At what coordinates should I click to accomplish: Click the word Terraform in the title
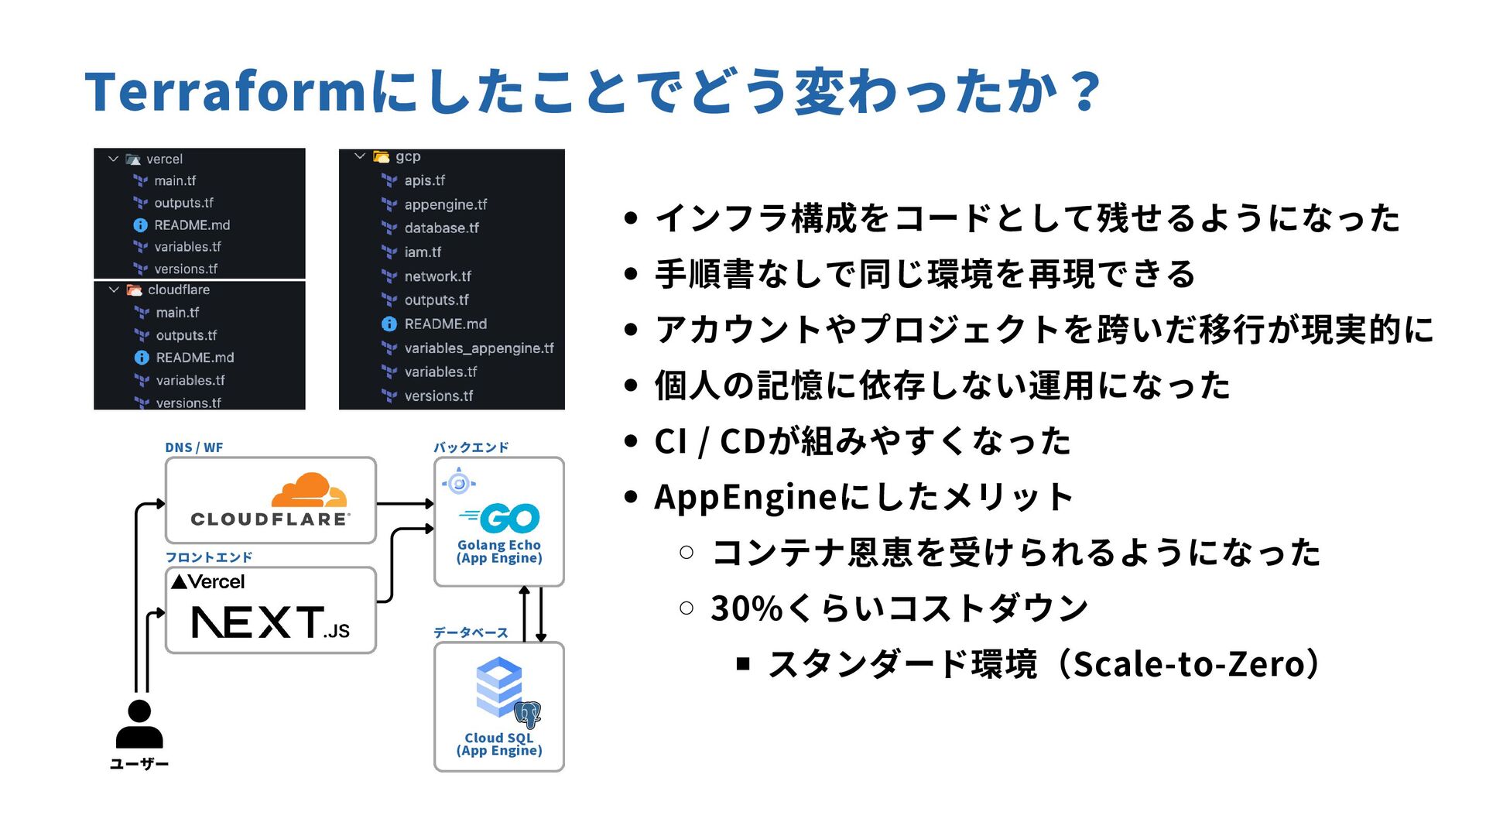click(224, 91)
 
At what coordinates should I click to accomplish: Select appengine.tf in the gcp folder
click(445, 204)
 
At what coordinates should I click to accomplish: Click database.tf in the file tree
click(441, 228)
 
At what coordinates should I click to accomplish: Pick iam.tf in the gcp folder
click(423, 252)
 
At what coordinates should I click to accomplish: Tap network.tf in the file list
click(437, 276)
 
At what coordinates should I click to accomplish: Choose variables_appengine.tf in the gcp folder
click(478, 348)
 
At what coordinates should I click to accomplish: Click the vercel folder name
click(164, 159)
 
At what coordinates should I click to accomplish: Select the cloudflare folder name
click(179, 290)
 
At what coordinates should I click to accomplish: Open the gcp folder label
click(408, 156)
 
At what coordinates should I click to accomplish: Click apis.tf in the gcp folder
click(424, 180)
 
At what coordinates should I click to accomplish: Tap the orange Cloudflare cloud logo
click(308, 490)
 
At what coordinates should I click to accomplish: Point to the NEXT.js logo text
click(269, 622)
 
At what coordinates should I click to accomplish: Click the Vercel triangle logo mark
click(179, 581)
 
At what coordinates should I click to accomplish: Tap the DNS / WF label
click(193, 447)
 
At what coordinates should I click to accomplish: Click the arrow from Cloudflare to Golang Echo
click(405, 504)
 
